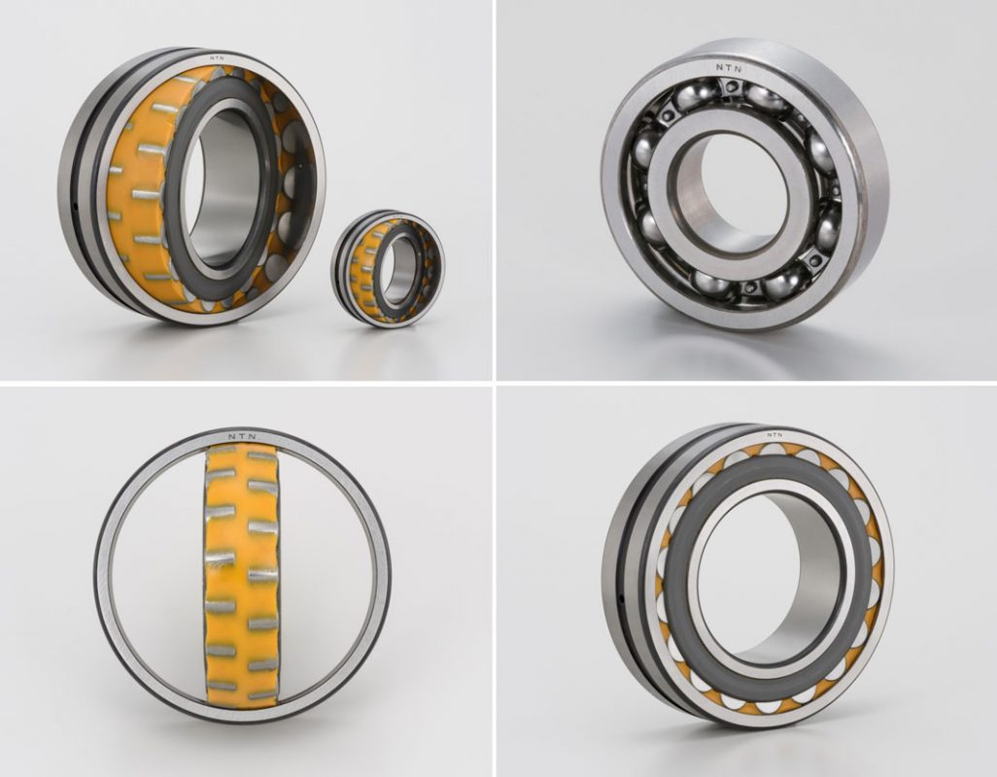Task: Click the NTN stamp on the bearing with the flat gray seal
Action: point(774,434)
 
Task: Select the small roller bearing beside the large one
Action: point(387,269)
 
